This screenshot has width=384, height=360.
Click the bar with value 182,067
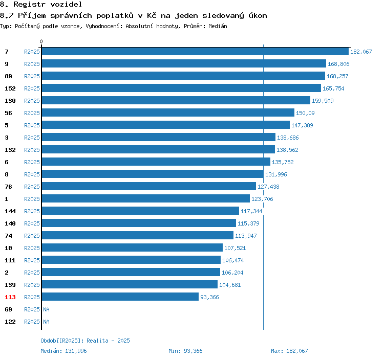(x=195, y=51)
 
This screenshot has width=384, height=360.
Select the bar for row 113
(x=120, y=297)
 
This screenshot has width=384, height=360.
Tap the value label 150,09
(x=305, y=113)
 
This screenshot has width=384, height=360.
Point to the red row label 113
(x=10, y=297)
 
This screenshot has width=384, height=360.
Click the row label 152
(x=10, y=88)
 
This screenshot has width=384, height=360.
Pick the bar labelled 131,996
(x=153, y=174)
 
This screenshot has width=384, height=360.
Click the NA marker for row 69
(x=46, y=309)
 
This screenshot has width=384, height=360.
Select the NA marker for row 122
(x=46, y=322)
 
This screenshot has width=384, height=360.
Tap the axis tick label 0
(x=41, y=41)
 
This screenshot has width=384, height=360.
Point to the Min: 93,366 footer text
(x=185, y=351)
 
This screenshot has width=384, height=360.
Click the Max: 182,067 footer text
(x=289, y=351)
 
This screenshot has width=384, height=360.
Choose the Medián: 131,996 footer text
(x=63, y=351)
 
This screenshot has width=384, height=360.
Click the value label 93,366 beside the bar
(x=209, y=297)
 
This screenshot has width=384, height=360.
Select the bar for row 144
(x=140, y=211)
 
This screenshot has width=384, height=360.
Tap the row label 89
(x=8, y=76)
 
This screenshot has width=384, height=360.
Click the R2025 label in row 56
(x=32, y=113)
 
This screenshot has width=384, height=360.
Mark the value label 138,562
(x=287, y=150)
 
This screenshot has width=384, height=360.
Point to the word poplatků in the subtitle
(x=115, y=15)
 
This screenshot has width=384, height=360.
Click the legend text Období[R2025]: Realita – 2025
(x=85, y=341)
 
